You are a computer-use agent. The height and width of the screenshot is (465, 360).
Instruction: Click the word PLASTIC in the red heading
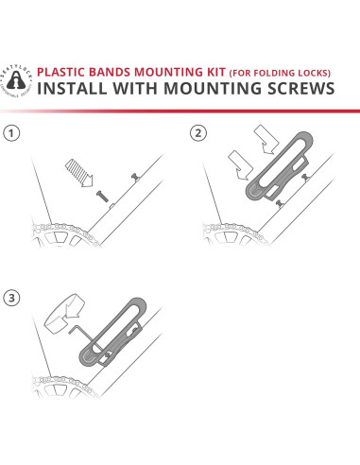point(62,72)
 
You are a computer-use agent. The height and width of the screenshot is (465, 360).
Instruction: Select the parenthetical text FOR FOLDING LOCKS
point(277,73)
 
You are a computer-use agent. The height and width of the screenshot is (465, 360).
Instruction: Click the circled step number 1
point(11,132)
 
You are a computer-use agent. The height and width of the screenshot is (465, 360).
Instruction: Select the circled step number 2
point(197,132)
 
